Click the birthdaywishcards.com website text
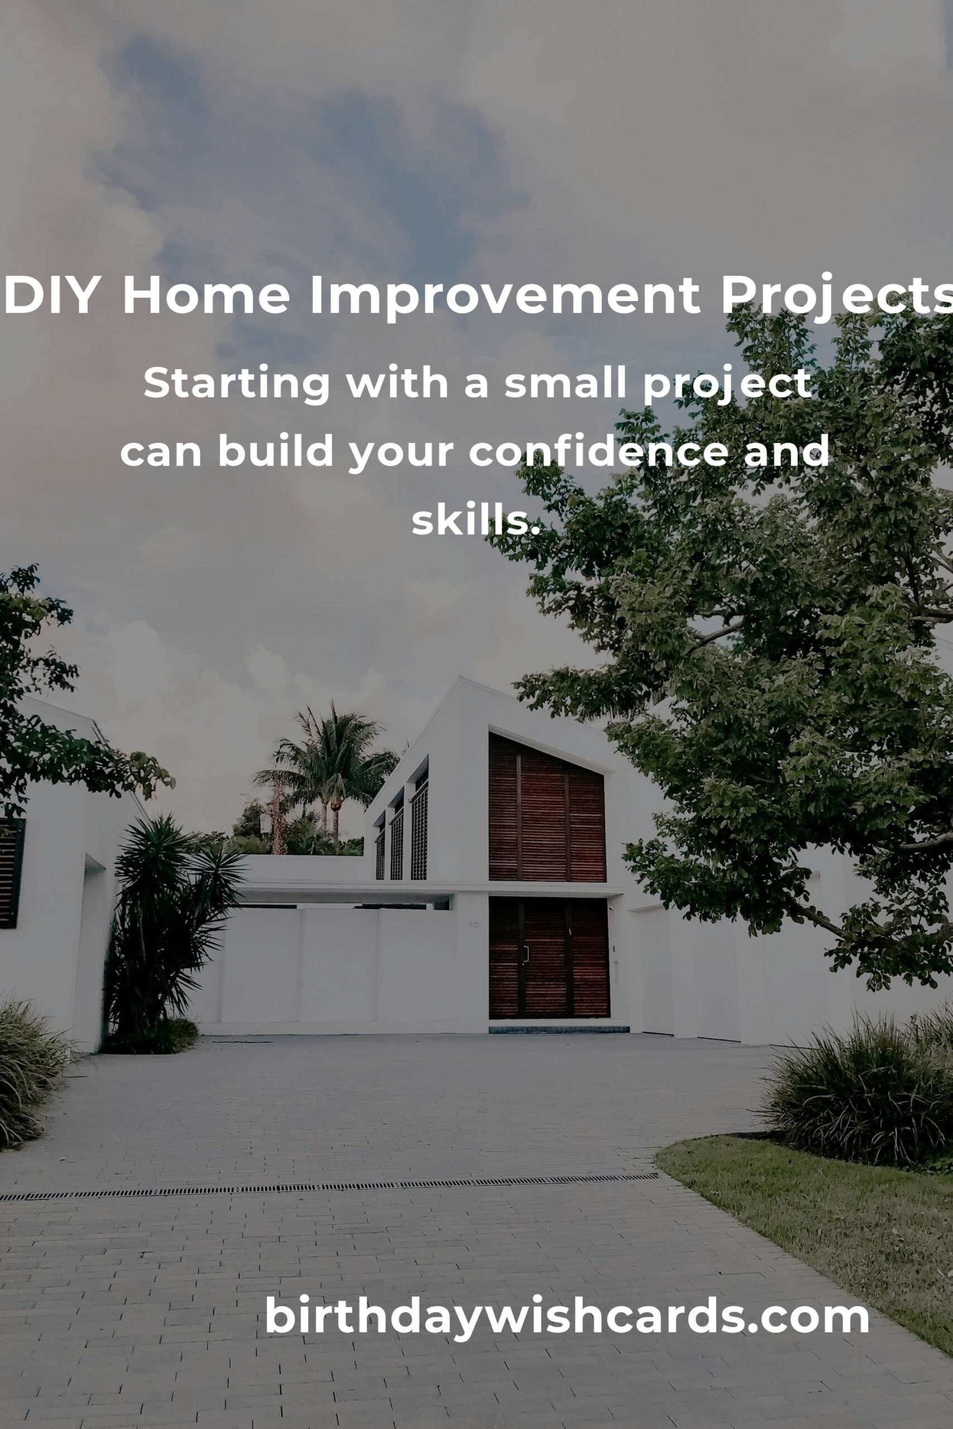567,1315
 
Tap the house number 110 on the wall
473,924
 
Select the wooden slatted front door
548,957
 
